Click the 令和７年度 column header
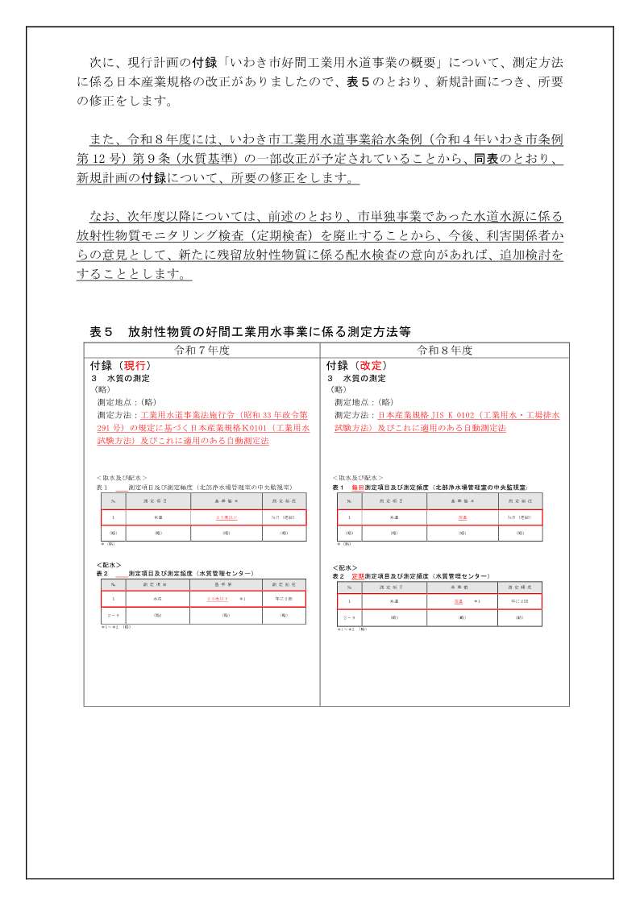click(x=202, y=351)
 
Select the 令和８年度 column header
click(x=444, y=351)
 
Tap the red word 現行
click(x=133, y=365)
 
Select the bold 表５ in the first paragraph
click(x=358, y=81)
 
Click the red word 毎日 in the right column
click(x=358, y=488)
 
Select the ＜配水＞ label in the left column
click(x=109, y=565)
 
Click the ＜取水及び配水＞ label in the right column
click(x=358, y=478)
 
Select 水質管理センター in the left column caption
click(x=226, y=573)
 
